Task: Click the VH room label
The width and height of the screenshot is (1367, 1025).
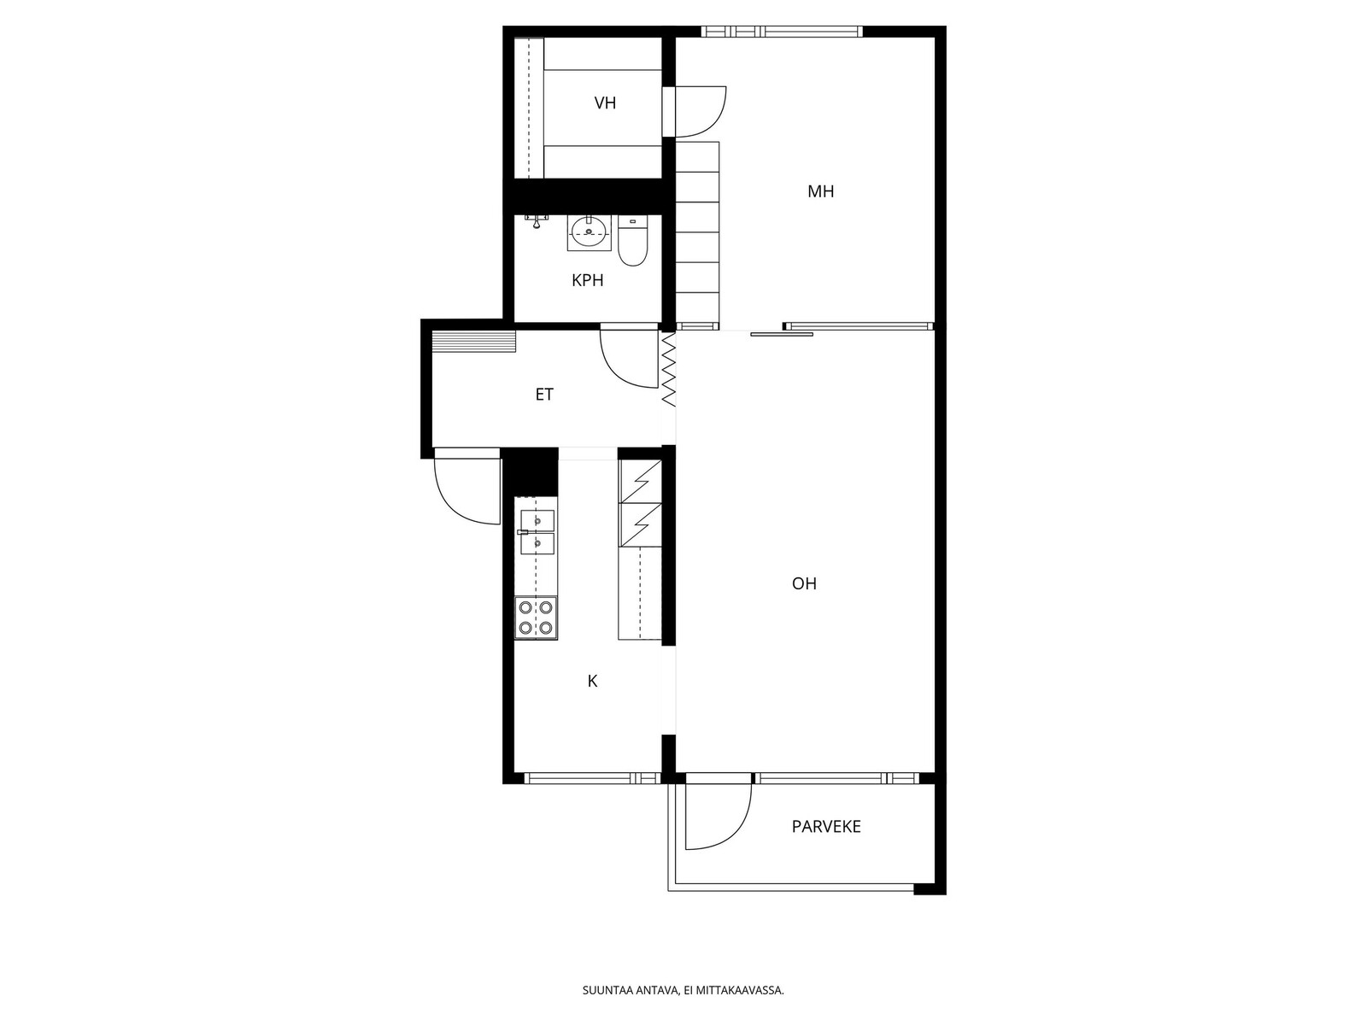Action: (x=605, y=102)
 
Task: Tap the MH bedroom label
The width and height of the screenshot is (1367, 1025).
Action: (x=820, y=191)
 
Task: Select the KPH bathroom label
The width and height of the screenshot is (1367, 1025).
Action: (x=587, y=280)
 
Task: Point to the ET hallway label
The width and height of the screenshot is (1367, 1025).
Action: (x=544, y=394)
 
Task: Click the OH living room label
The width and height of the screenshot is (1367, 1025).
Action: (x=804, y=583)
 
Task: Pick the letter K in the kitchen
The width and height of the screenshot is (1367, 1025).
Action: (x=592, y=681)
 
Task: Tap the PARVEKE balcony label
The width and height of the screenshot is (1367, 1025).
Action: (x=826, y=827)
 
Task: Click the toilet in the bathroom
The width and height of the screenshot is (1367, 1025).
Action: (x=633, y=240)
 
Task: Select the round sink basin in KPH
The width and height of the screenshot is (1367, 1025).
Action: (x=589, y=233)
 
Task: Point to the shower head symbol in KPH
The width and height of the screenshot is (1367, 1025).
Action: (x=536, y=220)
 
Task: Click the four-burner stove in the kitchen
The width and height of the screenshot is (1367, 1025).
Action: (x=536, y=618)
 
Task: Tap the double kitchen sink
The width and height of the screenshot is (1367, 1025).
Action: (x=537, y=532)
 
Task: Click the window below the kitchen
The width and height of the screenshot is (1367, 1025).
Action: (x=592, y=778)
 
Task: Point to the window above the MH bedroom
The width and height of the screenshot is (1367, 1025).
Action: (x=783, y=31)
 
